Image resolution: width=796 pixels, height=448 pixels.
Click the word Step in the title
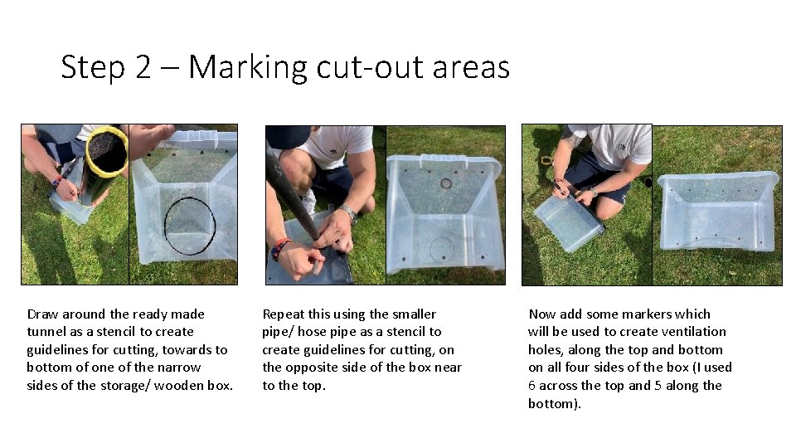92,67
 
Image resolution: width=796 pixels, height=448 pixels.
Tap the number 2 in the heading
143,66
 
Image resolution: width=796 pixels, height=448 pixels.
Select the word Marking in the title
248,67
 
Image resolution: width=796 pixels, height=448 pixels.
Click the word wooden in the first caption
179,386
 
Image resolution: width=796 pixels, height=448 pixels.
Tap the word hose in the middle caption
313,332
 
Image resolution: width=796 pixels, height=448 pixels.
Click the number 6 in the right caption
531,386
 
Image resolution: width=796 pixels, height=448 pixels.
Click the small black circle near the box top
446,183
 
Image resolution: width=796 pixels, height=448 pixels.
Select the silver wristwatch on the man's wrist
348,212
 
